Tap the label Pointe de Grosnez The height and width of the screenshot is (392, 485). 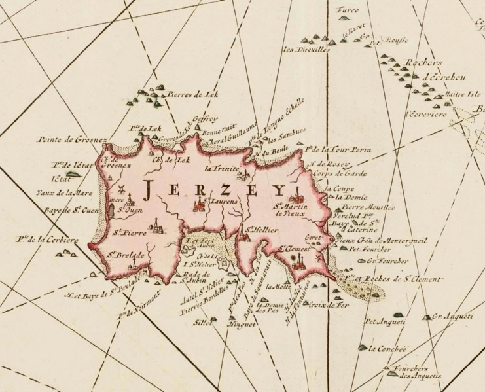65,139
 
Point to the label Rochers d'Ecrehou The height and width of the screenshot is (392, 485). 425,69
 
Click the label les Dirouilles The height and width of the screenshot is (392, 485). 306,48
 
